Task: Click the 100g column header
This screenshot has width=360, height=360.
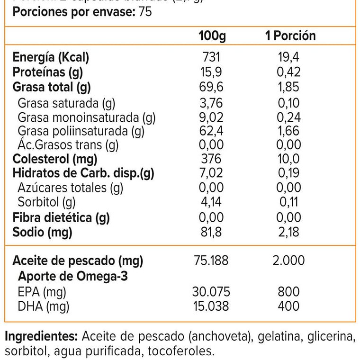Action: click(211, 36)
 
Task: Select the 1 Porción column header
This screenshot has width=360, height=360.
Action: click(290, 36)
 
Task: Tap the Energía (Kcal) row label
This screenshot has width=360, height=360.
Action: click(51, 58)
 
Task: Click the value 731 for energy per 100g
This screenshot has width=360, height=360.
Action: click(211, 58)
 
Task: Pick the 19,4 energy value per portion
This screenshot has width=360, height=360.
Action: click(290, 58)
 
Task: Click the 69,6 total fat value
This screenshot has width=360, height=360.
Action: click(211, 87)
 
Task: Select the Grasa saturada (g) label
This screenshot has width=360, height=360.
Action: click(66, 102)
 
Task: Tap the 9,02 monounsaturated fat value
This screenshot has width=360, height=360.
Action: click(211, 117)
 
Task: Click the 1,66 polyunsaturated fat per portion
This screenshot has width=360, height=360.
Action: click(290, 131)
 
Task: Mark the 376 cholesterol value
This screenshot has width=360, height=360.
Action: click(211, 159)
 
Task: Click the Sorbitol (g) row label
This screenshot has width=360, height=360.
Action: click(46, 203)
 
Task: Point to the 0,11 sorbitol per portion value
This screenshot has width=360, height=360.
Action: click(290, 203)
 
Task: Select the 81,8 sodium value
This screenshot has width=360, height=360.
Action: click(211, 233)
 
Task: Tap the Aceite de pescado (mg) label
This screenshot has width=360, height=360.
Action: click(78, 261)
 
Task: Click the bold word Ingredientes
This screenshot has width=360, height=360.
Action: click(41, 337)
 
